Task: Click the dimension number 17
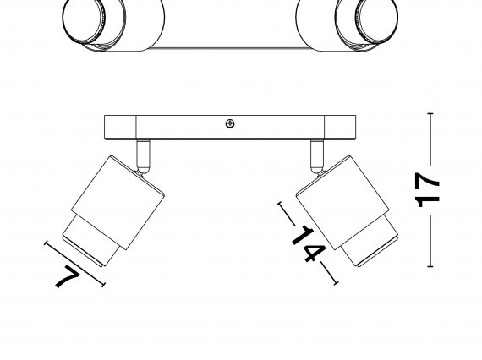coord(427,189)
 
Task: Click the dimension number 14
coord(309,243)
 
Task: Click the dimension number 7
coord(67,276)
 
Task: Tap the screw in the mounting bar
coord(230,123)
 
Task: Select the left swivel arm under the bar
coord(143,157)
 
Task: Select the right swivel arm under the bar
coord(317,157)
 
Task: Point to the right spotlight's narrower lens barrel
coord(370,240)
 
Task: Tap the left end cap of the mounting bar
coord(120,128)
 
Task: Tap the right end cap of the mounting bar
coord(340,128)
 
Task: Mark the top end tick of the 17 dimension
coord(430,113)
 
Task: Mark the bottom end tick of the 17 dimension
coord(430,266)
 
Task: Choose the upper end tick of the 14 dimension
coord(280,204)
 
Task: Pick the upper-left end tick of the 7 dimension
coord(47,243)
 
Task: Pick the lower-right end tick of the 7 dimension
coord(103,285)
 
